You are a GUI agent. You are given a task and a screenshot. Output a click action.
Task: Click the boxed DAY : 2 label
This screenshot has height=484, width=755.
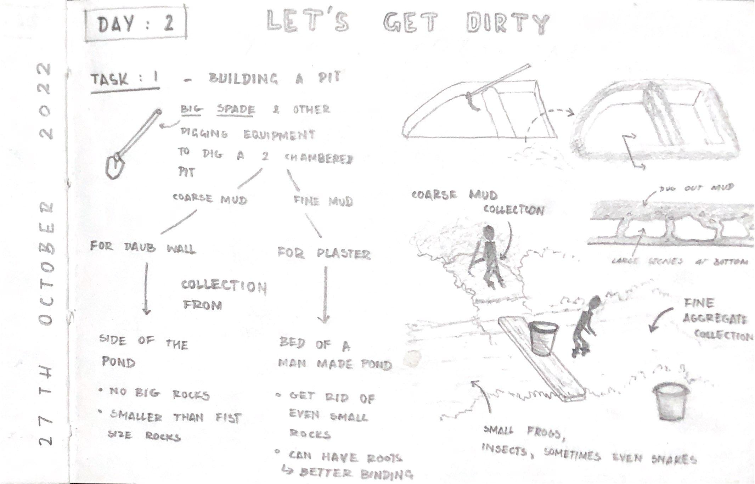(x=135, y=24)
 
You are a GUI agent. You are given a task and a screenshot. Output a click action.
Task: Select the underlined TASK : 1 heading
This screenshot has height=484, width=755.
(x=125, y=79)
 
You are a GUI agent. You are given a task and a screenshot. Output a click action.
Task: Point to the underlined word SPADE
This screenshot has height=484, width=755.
(x=236, y=109)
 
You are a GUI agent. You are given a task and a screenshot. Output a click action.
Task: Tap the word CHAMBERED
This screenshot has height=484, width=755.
(x=319, y=158)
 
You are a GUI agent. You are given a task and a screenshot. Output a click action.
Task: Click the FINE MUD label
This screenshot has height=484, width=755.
(x=323, y=201)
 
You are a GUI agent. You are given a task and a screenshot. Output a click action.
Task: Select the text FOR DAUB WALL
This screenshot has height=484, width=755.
(x=142, y=247)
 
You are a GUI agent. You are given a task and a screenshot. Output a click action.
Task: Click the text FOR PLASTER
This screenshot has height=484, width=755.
(x=324, y=254)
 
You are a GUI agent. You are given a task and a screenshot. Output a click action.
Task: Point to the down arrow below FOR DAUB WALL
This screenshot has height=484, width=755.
(x=146, y=289)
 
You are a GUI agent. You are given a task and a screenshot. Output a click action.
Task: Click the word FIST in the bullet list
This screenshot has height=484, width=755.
(x=229, y=418)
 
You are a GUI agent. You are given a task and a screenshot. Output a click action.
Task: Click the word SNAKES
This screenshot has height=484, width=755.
(x=674, y=460)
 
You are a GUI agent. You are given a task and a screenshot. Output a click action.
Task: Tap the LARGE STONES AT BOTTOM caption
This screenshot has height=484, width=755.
(x=680, y=262)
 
